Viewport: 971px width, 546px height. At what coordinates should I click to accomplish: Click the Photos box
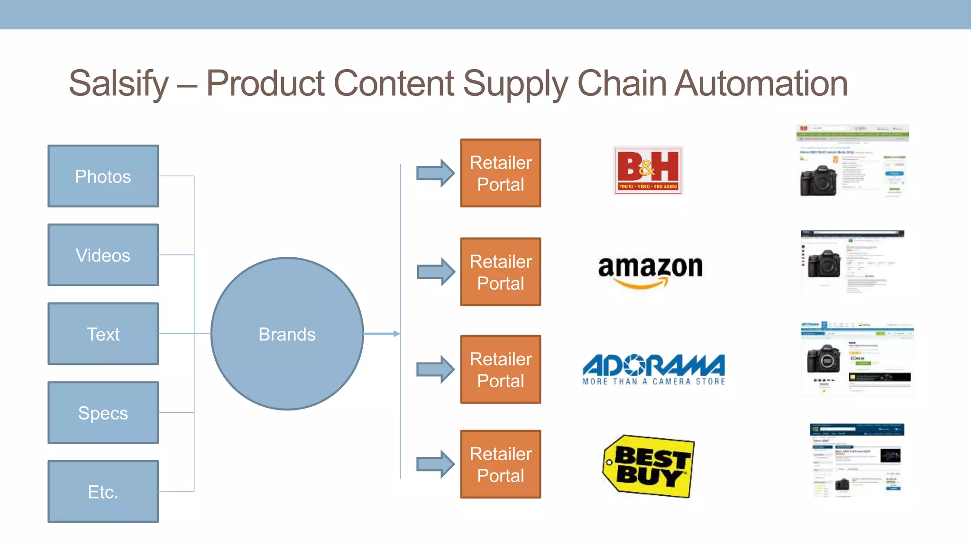coord(103,176)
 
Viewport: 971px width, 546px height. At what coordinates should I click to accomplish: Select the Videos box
coord(103,255)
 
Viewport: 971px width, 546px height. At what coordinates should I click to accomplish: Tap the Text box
coord(103,334)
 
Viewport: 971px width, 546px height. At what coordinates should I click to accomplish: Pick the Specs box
coord(103,413)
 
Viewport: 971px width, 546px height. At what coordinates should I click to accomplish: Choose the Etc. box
coord(103,491)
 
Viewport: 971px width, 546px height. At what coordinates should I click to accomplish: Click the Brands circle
coord(287,334)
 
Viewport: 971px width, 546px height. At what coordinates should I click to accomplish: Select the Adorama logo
coord(654,369)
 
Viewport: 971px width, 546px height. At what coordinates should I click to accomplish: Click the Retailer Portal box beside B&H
coord(501,173)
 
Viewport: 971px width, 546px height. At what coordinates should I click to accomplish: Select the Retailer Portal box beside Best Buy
coord(501,464)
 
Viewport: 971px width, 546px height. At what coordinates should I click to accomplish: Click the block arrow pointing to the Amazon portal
coord(435,272)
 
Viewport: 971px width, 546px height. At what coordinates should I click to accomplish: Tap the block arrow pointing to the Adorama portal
coord(435,369)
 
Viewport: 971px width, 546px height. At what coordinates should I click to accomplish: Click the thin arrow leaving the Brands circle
coord(382,334)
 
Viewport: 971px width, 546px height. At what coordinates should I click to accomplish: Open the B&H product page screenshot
coord(852,161)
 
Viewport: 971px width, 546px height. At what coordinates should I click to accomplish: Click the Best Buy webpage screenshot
coord(857,461)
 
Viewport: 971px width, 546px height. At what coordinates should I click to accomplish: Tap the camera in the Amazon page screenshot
coord(824,263)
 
